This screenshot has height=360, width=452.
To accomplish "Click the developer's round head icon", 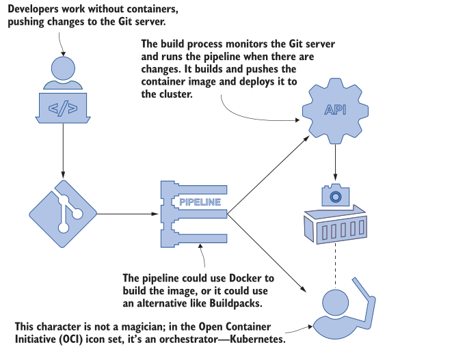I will click(63, 70).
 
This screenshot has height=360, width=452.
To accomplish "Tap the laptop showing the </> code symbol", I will click(63, 109).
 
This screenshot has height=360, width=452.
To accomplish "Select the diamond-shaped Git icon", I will click(63, 213).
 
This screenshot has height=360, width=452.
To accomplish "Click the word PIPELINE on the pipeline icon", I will click(199, 202).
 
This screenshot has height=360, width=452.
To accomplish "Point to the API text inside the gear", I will click(335, 111).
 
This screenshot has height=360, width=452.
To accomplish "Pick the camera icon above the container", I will click(335, 196).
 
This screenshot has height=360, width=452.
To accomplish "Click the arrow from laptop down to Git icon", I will click(63, 150).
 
